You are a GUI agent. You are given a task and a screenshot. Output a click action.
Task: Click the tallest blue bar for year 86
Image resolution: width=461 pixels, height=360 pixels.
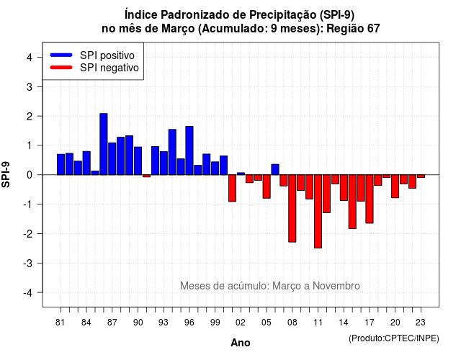[104, 144]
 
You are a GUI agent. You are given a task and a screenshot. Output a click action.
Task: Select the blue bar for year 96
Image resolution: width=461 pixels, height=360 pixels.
[189, 150]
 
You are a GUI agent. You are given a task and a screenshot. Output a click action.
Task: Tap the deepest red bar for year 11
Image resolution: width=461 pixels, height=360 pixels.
[318, 211]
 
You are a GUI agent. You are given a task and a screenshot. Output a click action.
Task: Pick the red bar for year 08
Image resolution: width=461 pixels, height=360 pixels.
[292, 208]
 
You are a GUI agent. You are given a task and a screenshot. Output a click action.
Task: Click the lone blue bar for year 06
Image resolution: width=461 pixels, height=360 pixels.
[275, 170]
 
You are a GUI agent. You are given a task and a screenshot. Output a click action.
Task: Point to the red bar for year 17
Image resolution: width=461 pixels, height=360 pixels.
[370, 199]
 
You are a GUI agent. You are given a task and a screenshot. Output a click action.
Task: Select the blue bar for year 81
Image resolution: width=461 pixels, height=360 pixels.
[61, 165]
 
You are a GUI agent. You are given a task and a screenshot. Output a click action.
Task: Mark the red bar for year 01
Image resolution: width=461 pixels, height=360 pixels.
[232, 188]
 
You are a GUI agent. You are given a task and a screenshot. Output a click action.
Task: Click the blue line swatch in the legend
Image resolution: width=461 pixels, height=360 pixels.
[61, 55]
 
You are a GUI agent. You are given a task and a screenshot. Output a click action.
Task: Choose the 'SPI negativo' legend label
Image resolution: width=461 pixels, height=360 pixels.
[109, 68]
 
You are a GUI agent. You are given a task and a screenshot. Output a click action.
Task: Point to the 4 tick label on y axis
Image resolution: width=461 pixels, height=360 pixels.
[30, 58]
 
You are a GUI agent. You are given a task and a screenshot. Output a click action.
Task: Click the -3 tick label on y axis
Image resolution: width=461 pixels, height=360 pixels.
[28, 263]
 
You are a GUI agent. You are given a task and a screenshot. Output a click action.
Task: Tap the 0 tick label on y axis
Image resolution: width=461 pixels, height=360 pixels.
[30, 175]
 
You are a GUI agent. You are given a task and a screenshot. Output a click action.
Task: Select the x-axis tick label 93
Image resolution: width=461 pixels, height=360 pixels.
[164, 323]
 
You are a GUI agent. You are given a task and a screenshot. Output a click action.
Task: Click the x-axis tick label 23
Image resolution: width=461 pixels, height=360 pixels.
[421, 323]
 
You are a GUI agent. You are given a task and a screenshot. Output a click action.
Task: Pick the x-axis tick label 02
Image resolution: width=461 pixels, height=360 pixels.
[241, 323]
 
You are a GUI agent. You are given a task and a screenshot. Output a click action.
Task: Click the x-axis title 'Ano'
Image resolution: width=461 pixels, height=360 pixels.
[241, 343]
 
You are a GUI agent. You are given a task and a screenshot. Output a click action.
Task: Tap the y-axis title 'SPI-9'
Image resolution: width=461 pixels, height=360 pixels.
[6, 174]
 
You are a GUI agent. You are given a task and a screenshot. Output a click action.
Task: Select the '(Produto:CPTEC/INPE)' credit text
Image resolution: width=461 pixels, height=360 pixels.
[394, 338]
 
